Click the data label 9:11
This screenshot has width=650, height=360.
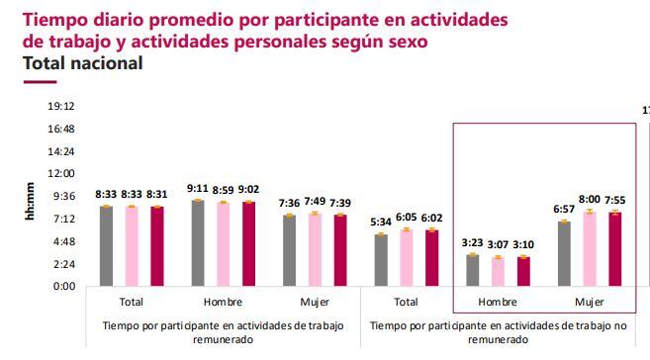tap(197, 188)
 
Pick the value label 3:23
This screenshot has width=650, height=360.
tap(473, 242)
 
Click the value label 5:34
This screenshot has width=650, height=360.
tap(380, 222)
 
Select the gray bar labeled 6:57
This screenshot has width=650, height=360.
tap(565, 254)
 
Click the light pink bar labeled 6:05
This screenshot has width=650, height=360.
tap(406, 258)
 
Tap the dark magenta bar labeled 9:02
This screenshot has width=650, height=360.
tap(248, 244)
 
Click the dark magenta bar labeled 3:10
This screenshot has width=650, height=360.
tap(523, 272)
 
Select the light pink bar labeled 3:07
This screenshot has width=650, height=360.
tap(498, 272)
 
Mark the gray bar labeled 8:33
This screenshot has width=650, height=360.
tap(106, 247)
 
